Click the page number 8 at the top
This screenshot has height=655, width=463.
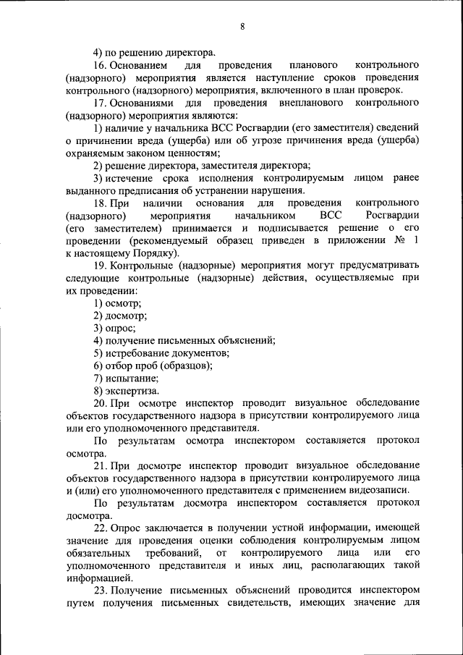(242, 27)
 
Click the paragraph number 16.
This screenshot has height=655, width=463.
(101, 65)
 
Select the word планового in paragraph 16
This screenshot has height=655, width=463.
(313, 65)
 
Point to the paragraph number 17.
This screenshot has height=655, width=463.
(101, 103)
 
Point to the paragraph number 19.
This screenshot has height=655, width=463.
(101, 266)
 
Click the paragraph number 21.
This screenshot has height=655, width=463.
(101, 465)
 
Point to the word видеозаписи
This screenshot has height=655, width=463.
(375, 491)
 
